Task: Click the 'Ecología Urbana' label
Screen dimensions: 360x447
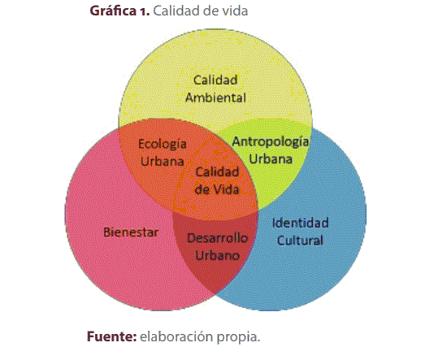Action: (x=163, y=151)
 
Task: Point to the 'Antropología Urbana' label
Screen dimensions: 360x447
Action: (x=271, y=150)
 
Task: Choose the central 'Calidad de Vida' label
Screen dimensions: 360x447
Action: (x=216, y=180)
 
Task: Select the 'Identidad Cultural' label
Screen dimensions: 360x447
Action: (x=300, y=231)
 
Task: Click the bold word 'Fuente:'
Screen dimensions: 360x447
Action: (x=112, y=335)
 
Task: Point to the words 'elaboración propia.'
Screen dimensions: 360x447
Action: (x=200, y=335)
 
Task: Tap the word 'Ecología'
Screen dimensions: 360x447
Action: (x=163, y=144)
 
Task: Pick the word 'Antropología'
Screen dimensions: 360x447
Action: (x=271, y=141)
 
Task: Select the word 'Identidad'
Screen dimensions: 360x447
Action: (x=300, y=223)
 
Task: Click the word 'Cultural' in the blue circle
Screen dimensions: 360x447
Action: (x=300, y=240)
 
